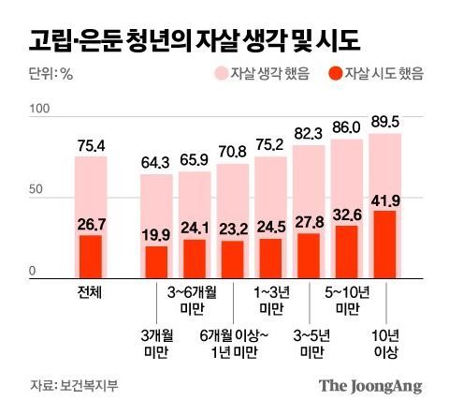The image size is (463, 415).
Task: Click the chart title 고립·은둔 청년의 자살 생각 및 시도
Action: [195, 40]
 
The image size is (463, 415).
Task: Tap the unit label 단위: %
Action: [51, 74]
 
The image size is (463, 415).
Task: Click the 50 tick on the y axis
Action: [36, 191]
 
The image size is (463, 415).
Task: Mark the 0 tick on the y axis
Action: [32, 272]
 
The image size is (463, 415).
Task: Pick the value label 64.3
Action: [156, 162]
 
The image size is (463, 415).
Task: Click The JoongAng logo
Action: [370, 385]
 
